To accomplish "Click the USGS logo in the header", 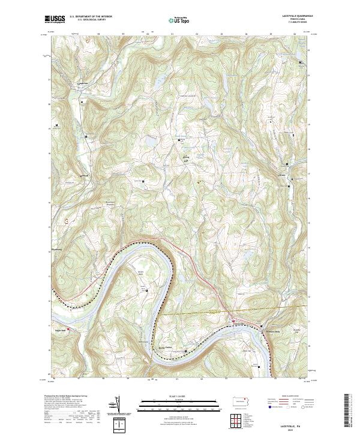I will pyautogui.click(x=55, y=19).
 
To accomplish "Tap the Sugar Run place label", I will pyautogui.click(x=60, y=330).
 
